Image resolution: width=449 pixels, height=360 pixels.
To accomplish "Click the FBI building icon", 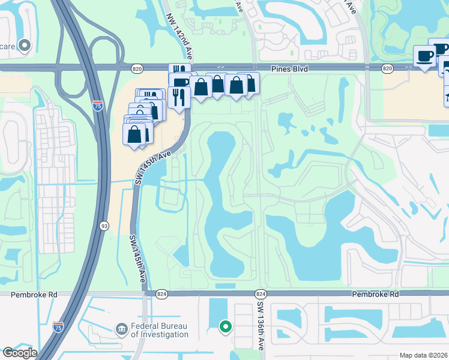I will [x=121, y=329].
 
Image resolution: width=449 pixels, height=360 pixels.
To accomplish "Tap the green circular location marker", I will [x=226, y=326].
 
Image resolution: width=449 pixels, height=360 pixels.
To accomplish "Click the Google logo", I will [x=20, y=353].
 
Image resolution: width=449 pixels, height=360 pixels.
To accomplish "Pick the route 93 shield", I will [x=104, y=226].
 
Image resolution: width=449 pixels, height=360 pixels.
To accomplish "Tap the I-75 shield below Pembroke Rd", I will [x=58, y=327].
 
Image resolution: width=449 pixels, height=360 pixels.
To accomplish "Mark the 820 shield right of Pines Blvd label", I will [x=387, y=70].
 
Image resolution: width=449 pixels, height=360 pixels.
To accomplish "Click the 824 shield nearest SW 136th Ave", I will [x=260, y=294].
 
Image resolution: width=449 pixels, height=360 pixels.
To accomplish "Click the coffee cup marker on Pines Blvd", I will [x=425, y=56].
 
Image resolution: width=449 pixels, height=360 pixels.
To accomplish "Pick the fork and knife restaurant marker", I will [x=179, y=97].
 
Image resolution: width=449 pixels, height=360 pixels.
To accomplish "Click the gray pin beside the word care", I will [x=25, y=45].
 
